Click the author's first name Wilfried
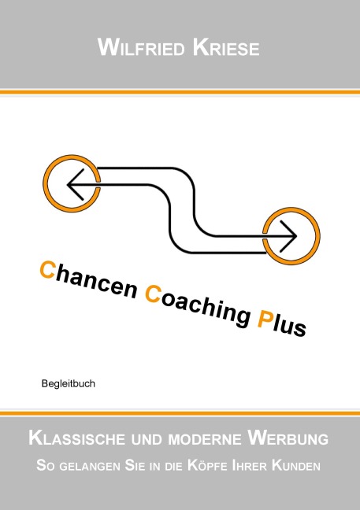point(141,48)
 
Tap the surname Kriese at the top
point(226,48)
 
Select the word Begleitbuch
point(69,384)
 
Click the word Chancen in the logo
point(88,280)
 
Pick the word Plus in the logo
point(281,323)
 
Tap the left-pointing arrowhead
point(76,184)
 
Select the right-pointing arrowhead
point(288,236)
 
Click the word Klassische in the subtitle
point(77,438)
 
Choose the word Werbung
point(288,438)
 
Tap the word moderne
point(205,439)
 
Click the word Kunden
point(296,465)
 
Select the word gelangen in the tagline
point(90,466)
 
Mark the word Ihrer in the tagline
point(250,465)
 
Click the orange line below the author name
point(180,92)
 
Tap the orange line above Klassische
point(180,413)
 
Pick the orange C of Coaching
point(152,294)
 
